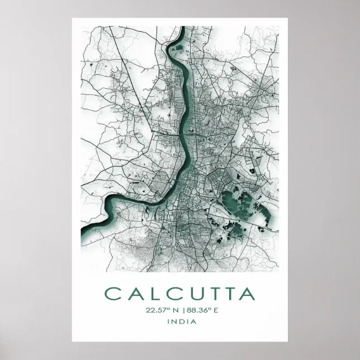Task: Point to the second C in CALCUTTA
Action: click(169, 294)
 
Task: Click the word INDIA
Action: click(179, 321)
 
